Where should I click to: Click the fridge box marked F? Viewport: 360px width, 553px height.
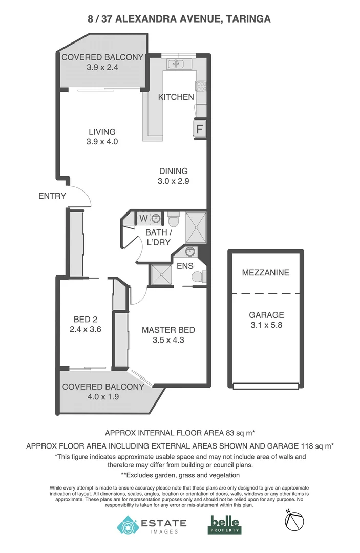point(199,129)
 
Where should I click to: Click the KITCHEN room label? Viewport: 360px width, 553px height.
point(176,97)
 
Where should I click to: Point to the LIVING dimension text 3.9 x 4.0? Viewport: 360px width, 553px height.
point(102,142)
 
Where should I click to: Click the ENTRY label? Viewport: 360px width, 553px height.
point(52,196)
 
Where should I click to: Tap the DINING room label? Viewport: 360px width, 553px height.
point(173,171)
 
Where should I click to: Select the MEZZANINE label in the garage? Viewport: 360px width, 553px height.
point(265,272)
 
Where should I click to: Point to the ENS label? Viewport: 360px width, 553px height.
point(185,266)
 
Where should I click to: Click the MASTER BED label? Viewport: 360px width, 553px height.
point(168,330)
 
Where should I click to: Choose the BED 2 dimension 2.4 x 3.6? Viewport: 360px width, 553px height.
point(85,329)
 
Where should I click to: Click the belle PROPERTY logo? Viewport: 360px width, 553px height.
point(225,524)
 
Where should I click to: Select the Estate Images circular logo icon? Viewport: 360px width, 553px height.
point(128,525)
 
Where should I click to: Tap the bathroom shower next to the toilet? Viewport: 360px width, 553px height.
point(195,227)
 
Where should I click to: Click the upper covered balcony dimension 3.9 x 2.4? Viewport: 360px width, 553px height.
point(102,67)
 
